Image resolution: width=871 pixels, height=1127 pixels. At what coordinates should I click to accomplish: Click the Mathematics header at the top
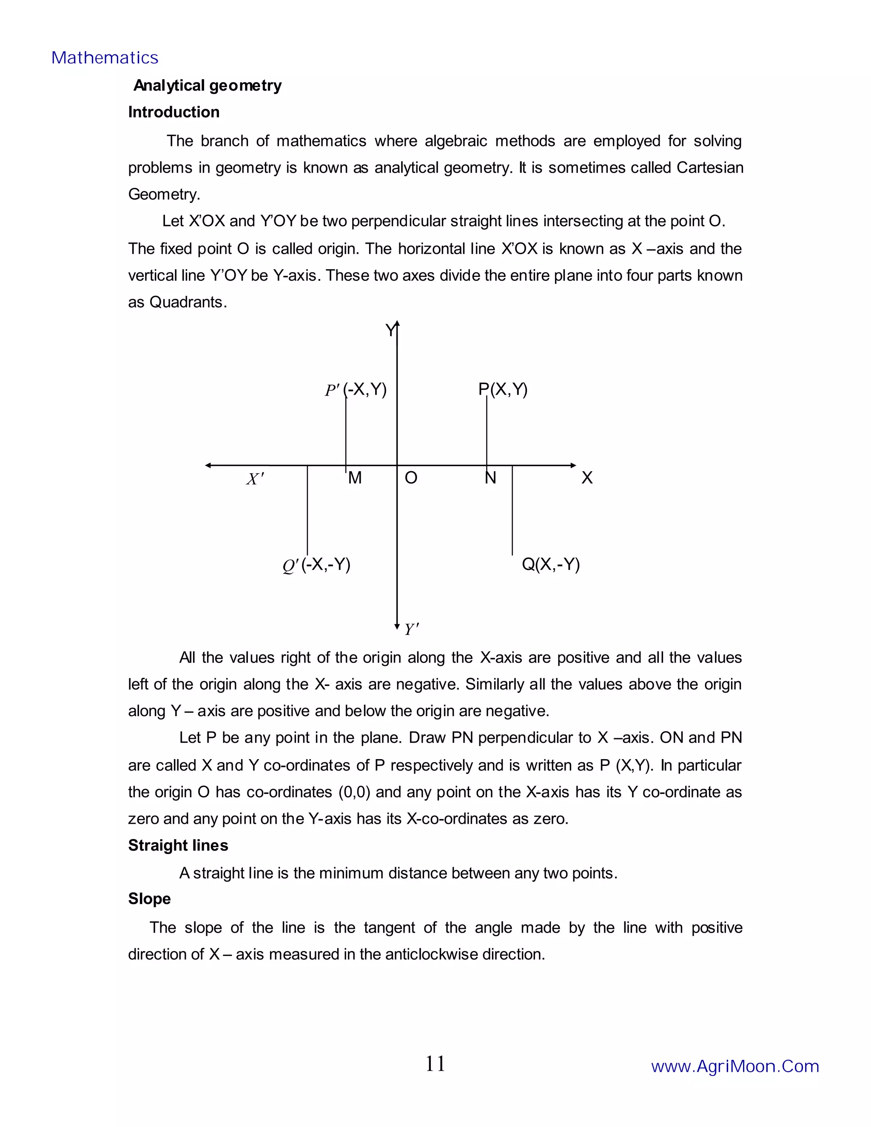pos(105,58)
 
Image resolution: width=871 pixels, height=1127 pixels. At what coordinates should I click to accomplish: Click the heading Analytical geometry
pos(208,85)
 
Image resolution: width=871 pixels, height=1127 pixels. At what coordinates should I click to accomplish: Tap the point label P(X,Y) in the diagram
pos(503,389)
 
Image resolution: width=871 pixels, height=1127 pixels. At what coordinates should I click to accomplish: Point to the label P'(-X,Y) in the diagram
pos(356,389)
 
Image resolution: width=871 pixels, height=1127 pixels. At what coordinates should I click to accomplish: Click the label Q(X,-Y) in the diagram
pos(551,564)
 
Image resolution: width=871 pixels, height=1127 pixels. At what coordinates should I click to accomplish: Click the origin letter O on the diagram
pos(411,478)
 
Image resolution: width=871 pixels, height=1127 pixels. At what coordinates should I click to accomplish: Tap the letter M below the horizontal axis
pos(355,478)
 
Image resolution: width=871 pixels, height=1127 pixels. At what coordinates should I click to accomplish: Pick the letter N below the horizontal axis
pos(490,478)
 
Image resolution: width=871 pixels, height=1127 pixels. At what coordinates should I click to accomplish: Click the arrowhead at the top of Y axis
pos(397,324)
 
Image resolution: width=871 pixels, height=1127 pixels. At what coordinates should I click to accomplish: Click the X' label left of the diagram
pos(255,479)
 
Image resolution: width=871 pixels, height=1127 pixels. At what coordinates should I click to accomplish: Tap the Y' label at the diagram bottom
pos(411,629)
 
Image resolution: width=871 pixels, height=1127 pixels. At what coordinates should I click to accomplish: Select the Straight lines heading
pos(178,845)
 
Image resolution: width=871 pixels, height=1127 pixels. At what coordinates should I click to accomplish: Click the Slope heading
pos(149,898)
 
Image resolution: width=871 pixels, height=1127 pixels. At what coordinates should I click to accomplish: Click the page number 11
pos(435,1064)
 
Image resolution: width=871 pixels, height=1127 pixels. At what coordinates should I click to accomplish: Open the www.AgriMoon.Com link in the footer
pos(735,1066)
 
